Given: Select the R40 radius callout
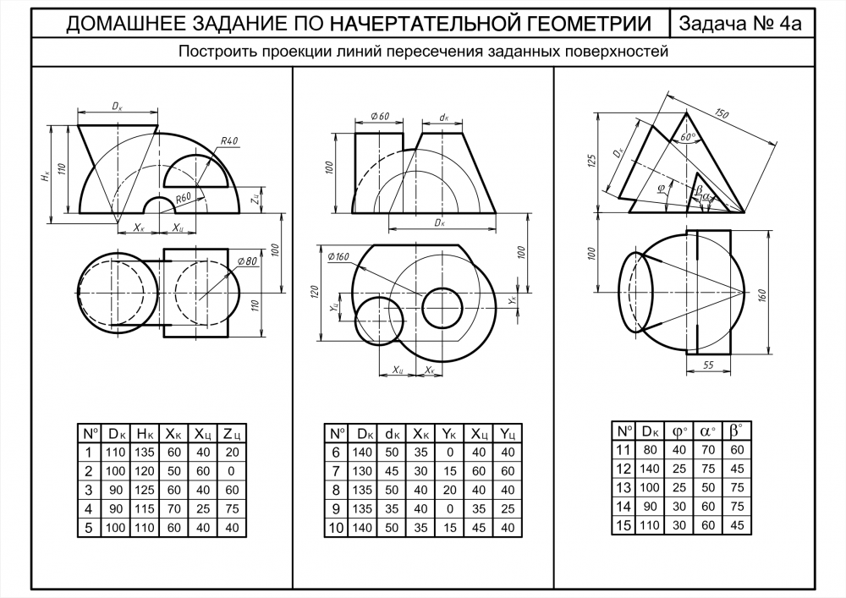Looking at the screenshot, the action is pyautogui.click(x=228, y=141).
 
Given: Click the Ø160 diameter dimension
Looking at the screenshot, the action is pyautogui.click(x=337, y=256).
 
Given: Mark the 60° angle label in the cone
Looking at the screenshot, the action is pyautogui.click(x=686, y=136).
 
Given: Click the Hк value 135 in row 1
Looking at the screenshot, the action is pyautogui.click(x=145, y=453).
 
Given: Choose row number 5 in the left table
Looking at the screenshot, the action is pyautogui.click(x=88, y=527).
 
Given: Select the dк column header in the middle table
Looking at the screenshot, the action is pyautogui.click(x=392, y=434).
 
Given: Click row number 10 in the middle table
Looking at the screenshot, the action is pyautogui.click(x=335, y=527).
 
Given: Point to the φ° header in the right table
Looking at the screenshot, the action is pyautogui.click(x=679, y=431).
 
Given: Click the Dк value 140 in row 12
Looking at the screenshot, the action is pyautogui.click(x=650, y=468).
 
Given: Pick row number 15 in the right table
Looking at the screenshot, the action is pyautogui.click(x=623, y=524).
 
